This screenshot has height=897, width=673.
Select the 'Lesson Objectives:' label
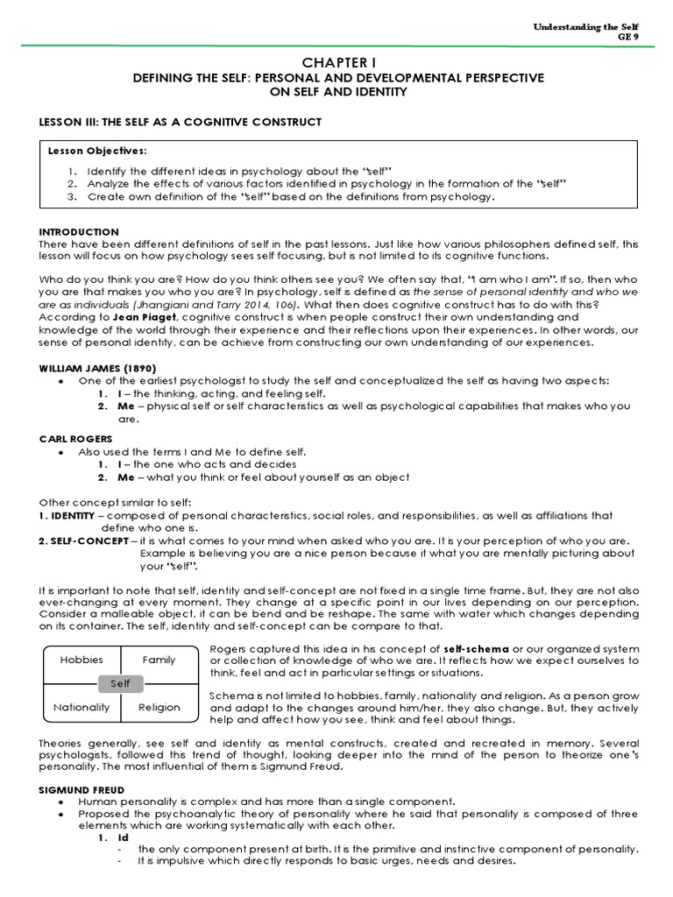tap(97, 151)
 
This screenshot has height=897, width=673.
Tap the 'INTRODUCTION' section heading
tap(80, 231)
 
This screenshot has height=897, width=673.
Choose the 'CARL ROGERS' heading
tap(71, 437)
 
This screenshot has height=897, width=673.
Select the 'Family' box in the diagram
tap(159, 660)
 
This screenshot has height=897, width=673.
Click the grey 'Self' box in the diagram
tap(120, 682)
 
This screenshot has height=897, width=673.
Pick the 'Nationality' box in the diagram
tap(81, 707)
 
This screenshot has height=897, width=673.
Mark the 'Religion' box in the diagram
tap(159, 707)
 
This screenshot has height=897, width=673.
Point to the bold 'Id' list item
tap(123, 837)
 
